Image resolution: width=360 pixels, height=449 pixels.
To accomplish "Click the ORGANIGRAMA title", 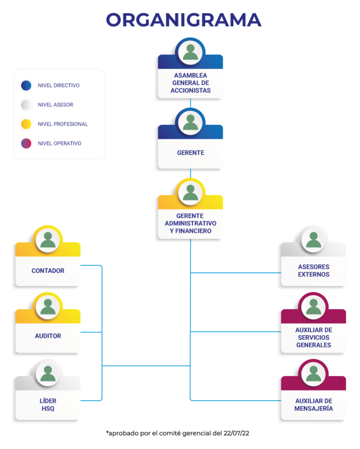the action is coord(184,20).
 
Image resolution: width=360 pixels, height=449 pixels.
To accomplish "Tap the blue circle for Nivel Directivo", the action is coord(26,85).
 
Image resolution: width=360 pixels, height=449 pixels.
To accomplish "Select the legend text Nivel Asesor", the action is coord(56,105).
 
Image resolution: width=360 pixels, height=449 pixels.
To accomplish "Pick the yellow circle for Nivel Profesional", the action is coord(26,124).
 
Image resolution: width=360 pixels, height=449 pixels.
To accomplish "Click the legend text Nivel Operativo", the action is coord(60,143).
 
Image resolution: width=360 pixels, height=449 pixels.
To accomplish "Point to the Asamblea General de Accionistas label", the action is coord(190,83).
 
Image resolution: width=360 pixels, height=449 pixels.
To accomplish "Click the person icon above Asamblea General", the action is coord(190,52).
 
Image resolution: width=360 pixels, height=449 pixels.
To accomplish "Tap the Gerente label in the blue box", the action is coord(190,153).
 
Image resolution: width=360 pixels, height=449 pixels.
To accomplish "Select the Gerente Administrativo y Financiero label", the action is coord(190,224).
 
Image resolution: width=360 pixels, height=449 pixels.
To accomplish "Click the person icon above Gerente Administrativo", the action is coord(190,193).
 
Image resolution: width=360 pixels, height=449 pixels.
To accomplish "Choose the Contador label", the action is coord(48,270).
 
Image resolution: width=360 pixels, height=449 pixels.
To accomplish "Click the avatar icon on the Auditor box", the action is coord(48,307).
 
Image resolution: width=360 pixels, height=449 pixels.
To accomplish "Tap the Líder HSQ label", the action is coord(48,404).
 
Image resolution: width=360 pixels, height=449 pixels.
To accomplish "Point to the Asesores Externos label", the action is coord(314,270).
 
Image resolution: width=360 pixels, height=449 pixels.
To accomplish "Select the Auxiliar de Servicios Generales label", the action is coord(314,337).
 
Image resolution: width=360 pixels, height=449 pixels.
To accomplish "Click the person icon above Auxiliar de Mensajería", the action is coord(313,374).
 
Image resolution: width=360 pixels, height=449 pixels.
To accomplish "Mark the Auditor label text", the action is coord(48,336).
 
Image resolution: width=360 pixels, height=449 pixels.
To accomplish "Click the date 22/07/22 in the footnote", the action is coord(236,433).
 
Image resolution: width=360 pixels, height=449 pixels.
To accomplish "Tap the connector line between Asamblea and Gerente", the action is coord(190,104).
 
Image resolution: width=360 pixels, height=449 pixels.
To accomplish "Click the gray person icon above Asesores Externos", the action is coord(313,240).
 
